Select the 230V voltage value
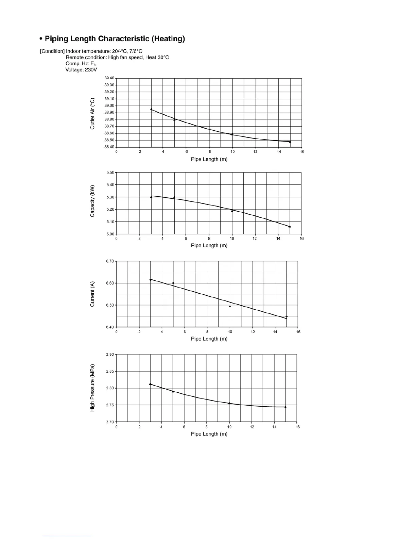(91, 70)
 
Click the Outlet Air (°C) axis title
(92, 114)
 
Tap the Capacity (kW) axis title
(92, 201)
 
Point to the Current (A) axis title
(92, 294)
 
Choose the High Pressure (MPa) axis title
(92, 388)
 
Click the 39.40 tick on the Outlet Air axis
(109, 78)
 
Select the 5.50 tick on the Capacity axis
(110, 173)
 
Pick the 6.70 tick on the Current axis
(110, 261)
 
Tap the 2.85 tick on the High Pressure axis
(110, 372)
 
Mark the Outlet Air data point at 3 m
(151, 109)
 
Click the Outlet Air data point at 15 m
(290, 142)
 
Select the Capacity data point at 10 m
(232, 211)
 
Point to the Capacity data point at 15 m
(290, 226)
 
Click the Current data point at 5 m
(173, 283)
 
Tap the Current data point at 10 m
(230, 306)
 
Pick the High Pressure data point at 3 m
(150, 384)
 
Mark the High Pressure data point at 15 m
(285, 407)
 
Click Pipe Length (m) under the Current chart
(209, 339)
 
